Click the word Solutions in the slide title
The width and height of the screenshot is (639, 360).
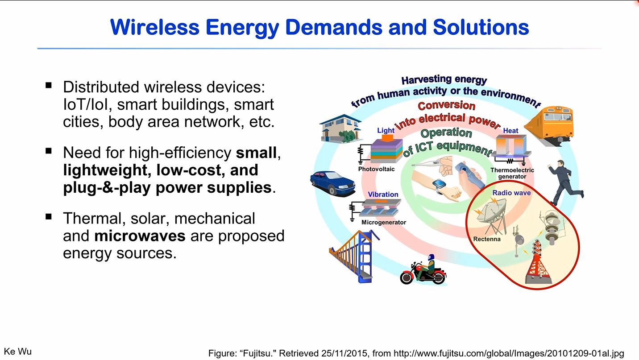pyautogui.click(x=481, y=27)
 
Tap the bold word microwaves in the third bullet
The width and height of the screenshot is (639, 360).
pyautogui.click(x=140, y=236)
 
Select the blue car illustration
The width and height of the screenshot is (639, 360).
pyautogui.click(x=332, y=183)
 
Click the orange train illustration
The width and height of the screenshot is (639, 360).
pyautogui.click(x=549, y=126)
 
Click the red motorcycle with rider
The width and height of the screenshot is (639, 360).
pyautogui.click(x=423, y=270)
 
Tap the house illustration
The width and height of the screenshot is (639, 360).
pyautogui.click(x=340, y=128)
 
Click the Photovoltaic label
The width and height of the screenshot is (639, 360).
pyautogui.click(x=376, y=169)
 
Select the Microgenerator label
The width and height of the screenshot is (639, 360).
pyautogui.click(x=384, y=223)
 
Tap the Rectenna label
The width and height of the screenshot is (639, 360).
pyautogui.click(x=487, y=240)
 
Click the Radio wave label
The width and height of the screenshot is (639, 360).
pyautogui.click(x=511, y=193)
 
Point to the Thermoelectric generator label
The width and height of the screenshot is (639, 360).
pyautogui.click(x=512, y=174)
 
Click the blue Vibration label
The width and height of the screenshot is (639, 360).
pyautogui.click(x=383, y=194)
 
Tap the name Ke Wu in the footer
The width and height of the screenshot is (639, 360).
pyautogui.click(x=18, y=352)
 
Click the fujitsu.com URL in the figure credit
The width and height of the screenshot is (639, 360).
pyautogui.click(x=509, y=354)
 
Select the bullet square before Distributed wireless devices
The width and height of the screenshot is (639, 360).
pyautogui.click(x=49, y=85)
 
